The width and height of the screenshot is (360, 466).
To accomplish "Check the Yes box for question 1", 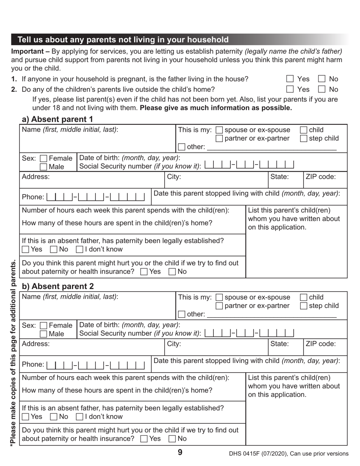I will [x=290, y=79].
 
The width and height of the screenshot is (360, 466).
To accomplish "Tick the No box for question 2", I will [x=322, y=89].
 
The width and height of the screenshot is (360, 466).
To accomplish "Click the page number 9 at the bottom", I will [x=180, y=452].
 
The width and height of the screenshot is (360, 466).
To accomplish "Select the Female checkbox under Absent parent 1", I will [x=44, y=159].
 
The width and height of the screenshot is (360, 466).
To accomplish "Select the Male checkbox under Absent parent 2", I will [x=44, y=334].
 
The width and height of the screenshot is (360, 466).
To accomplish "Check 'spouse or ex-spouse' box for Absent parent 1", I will [x=219, y=130].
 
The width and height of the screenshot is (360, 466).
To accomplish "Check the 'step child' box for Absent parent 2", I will [x=304, y=306].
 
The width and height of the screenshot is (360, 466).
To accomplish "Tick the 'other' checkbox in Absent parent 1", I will [x=182, y=147].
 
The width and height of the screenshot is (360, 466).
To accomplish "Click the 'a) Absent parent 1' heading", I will [x=57, y=119].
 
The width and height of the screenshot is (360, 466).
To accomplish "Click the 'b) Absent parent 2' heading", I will [x=58, y=286].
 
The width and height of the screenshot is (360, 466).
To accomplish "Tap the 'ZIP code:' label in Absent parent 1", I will [x=321, y=176].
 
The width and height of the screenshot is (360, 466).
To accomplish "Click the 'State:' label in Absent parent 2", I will [x=280, y=344].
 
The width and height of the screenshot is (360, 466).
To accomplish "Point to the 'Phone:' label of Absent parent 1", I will [x=33, y=197].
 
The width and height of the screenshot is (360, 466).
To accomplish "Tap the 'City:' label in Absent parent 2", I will [x=174, y=344].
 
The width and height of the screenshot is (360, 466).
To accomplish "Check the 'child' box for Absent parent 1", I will [x=304, y=130].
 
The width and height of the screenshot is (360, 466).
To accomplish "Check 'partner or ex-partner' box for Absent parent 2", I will [x=219, y=306].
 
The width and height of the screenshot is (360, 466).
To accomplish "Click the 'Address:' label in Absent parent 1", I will [x=36, y=176].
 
